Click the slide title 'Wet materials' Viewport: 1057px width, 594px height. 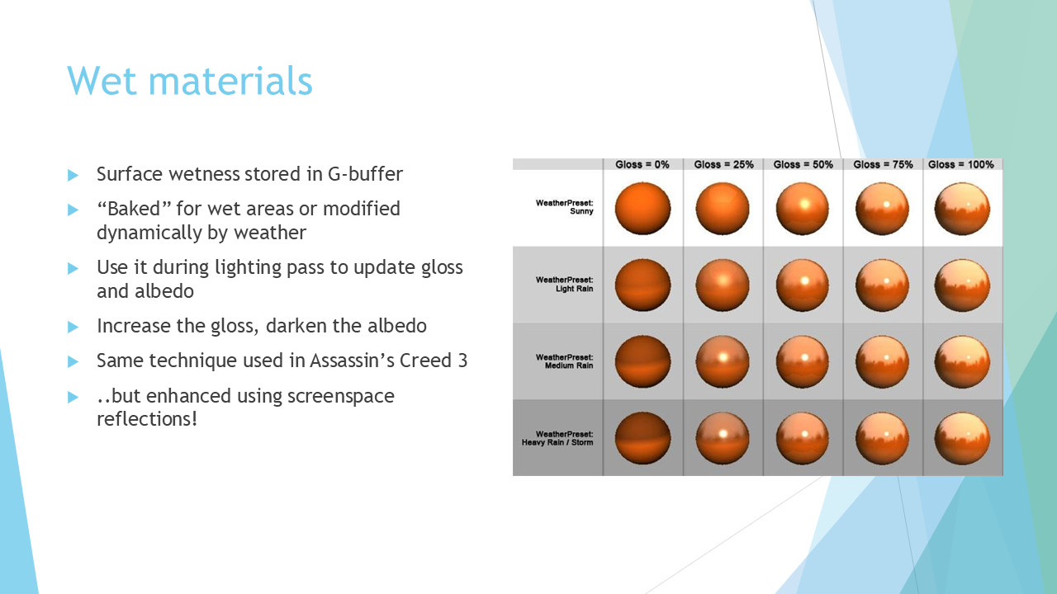[190, 80]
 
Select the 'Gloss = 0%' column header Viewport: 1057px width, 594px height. [642, 164]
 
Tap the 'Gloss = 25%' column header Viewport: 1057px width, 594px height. [723, 164]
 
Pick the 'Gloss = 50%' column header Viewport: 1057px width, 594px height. [803, 164]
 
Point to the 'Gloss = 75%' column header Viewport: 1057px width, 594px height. [883, 164]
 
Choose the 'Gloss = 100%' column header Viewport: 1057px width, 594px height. [960, 164]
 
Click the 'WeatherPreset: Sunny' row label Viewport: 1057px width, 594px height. [564, 207]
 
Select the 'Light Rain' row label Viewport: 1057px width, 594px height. [574, 289]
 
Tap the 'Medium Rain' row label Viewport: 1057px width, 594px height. [569, 365]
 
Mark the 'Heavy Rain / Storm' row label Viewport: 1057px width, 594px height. [557, 442]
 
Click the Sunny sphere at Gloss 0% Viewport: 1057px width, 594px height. [642, 209]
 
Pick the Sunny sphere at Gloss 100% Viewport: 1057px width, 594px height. [962, 209]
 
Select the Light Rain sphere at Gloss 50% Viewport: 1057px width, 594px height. [802, 285]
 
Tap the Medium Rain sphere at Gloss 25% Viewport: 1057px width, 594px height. [723, 361]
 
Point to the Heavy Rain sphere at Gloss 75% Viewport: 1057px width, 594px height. [882, 438]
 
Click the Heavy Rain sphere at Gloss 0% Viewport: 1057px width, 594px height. [642, 438]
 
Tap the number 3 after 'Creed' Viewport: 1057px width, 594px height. [462, 361]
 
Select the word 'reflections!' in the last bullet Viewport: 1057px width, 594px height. [147, 419]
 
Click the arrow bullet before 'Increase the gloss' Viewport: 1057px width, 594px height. [73, 327]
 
